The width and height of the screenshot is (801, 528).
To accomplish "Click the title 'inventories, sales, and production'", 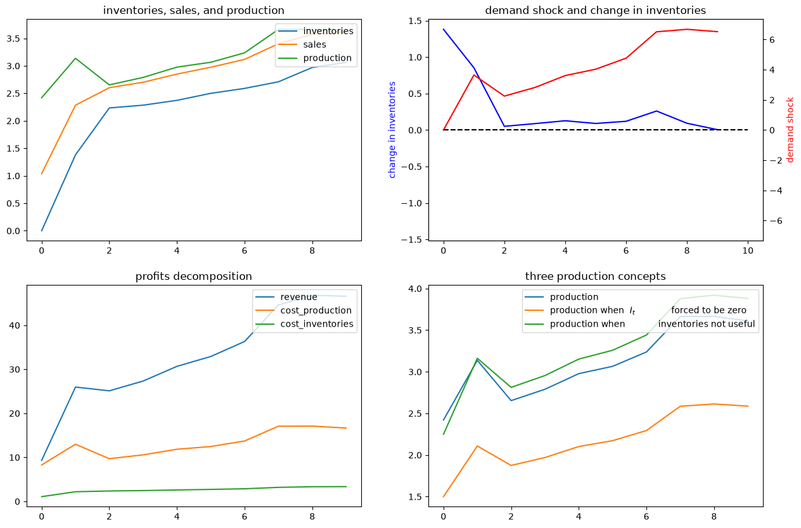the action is pyautogui.click(x=193, y=10).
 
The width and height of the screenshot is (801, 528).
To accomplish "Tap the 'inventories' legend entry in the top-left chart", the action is pyautogui.click(x=328, y=31).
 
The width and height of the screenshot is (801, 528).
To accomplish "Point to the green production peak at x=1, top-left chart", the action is pyautogui.click(x=75, y=58).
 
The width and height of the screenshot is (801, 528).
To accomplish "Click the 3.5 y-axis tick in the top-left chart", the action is pyautogui.click(x=13, y=39).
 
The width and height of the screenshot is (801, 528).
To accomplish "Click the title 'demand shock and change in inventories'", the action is pyautogui.click(x=596, y=10).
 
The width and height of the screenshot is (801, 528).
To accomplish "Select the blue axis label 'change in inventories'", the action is pyautogui.click(x=392, y=130).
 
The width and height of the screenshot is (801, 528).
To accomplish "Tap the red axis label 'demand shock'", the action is pyautogui.click(x=790, y=130).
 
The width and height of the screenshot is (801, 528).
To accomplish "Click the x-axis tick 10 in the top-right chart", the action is pyautogui.click(x=748, y=251).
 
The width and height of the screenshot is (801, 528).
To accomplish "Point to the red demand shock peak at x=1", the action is pyautogui.click(x=474, y=75).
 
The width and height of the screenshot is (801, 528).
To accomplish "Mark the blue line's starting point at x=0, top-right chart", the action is pyautogui.click(x=444, y=29).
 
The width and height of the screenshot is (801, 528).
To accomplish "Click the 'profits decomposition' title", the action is pyautogui.click(x=193, y=276).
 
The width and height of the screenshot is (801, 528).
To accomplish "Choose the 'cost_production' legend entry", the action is pyautogui.click(x=316, y=310).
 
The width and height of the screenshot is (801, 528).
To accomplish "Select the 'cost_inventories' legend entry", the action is pyautogui.click(x=317, y=324).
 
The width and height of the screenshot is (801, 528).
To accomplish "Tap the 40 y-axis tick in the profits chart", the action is pyautogui.click(x=15, y=325).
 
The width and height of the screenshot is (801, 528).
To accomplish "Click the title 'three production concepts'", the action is pyautogui.click(x=596, y=276).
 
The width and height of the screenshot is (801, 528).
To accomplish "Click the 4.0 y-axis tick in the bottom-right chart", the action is pyautogui.click(x=415, y=288).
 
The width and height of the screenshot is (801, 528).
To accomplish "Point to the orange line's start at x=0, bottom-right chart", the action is pyautogui.click(x=444, y=496).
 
